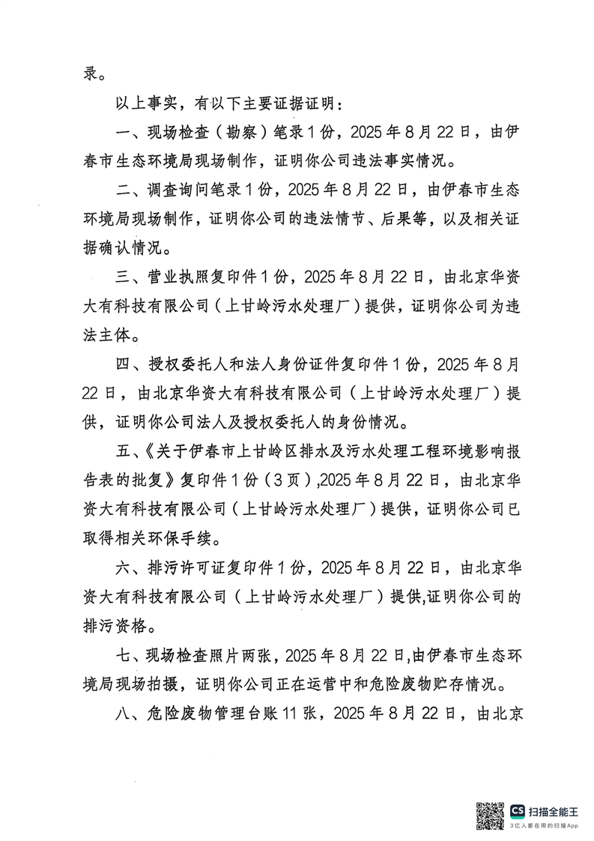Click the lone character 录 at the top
point(91,74)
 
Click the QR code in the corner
point(491,816)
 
